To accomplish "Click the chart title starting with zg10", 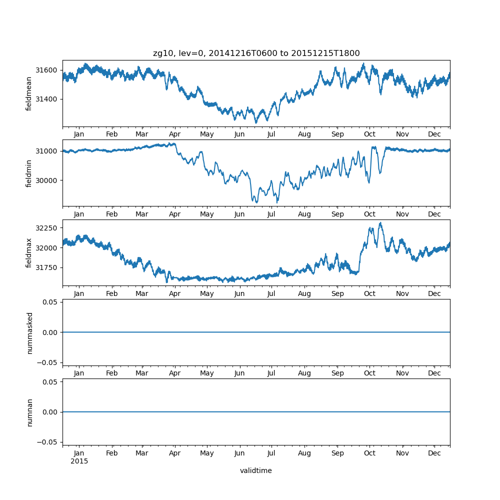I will (x=256, y=53).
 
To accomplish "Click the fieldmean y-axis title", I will (x=29, y=93).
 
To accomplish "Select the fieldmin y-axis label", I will (x=29, y=173).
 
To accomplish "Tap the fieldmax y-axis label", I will (x=29, y=252).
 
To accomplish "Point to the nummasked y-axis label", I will (x=29, y=332).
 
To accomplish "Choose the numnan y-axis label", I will (x=29, y=412).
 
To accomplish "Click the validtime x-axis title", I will (x=255, y=470).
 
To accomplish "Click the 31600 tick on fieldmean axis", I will (x=47, y=70).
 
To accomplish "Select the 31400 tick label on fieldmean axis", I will (x=47, y=99).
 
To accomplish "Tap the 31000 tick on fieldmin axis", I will (x=47, y=151).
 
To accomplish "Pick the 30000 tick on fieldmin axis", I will (x=47, y=180).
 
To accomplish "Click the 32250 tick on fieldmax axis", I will (x=47, y=228).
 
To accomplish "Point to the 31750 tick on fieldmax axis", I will (x=47, y=267).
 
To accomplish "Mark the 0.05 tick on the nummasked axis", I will (x=50, y=302).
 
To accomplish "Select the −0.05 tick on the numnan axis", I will (x=48, y=442).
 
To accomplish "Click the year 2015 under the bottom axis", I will (x=79, y=461).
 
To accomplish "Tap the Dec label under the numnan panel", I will (x=434, y=453).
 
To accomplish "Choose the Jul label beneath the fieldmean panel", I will (x=271, y=134).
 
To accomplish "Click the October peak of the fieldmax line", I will (x=380, y=223).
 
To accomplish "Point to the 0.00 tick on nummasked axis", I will (x=50, y=332).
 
